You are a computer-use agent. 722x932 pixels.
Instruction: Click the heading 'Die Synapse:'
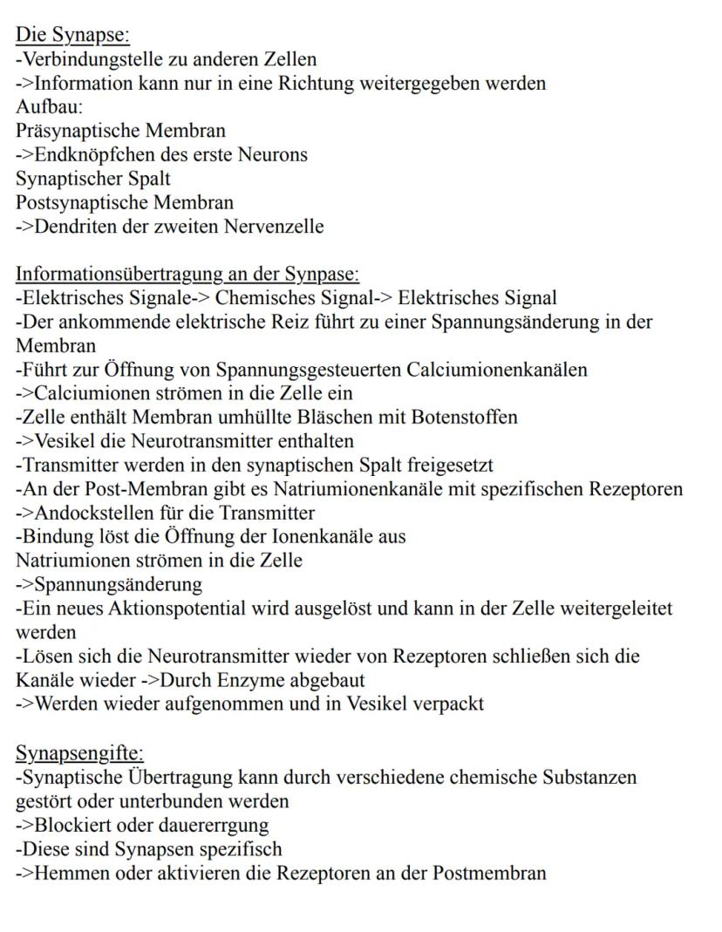(72, 36)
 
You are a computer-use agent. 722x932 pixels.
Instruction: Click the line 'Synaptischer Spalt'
(93, 179)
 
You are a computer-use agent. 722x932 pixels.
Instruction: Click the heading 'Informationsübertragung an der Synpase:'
(187, 275)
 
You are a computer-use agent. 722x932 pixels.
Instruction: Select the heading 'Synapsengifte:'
(79, 752)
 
